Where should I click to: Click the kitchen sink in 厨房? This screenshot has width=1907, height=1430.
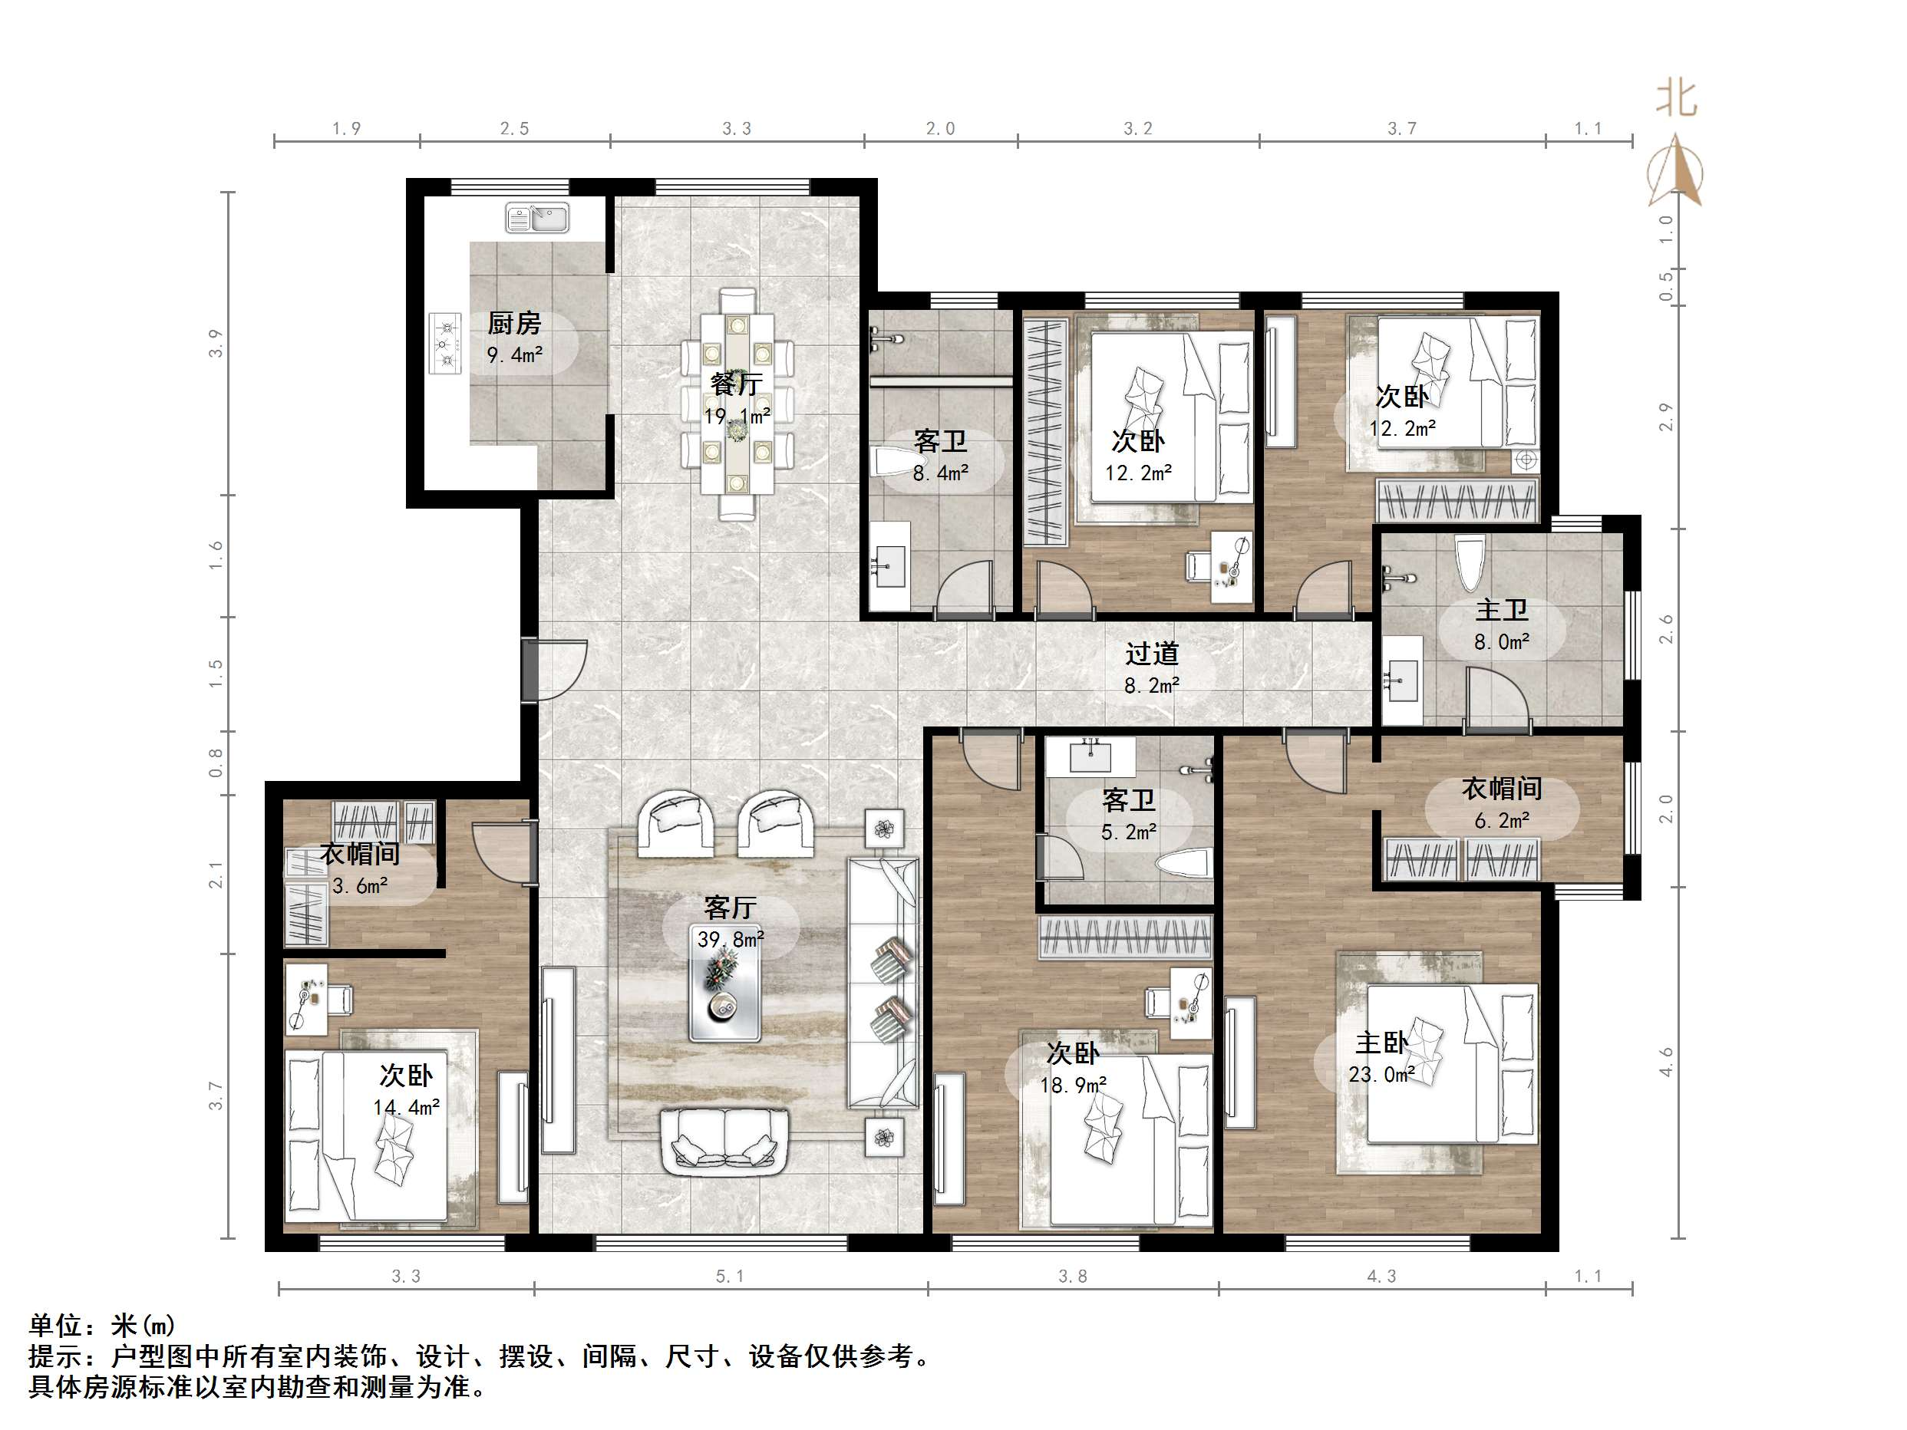(x=537, y=218)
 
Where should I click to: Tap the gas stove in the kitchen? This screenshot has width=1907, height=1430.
(x=446, y=343)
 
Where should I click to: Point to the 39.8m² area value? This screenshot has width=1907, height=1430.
(x=731, y=939)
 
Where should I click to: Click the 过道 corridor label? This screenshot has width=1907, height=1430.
(x=1151, y=654)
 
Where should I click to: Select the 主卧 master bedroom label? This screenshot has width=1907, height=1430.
(x=1381, y=1043)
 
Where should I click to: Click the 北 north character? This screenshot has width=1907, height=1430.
(x=1676, y=99)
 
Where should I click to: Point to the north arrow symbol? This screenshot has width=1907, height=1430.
(x=1675, y=173)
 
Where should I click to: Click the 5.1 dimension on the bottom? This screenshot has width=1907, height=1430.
(x=729, y=1277)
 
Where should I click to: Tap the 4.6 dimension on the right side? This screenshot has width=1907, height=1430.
(x=1665, y=1062)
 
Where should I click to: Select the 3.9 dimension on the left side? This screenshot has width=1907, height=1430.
(x=216, y=343)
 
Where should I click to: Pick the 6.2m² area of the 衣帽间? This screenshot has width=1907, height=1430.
(x=1501, y=821)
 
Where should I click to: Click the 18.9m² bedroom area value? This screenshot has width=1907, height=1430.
(x=1073, y=1086)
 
